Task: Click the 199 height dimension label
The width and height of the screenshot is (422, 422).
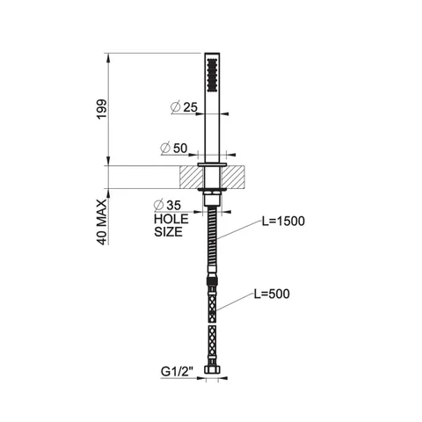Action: point(102,109)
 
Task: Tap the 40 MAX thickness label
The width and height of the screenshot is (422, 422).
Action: point(102,222)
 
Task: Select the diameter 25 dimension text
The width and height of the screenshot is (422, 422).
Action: point(184,107)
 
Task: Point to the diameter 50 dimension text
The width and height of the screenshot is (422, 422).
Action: point(174,148)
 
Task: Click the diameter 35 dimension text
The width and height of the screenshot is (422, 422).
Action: point(167,205)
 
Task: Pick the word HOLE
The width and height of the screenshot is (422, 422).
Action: point(171,219)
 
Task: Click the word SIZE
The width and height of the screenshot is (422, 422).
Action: point(168,232)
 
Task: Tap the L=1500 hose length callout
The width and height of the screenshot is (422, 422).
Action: point(283,222)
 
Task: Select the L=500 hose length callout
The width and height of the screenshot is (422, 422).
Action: point(272,294)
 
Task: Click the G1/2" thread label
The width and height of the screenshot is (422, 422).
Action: point(177,372)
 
